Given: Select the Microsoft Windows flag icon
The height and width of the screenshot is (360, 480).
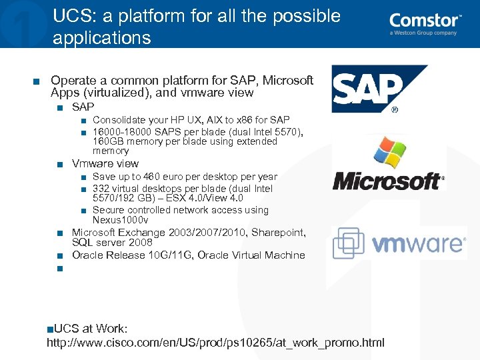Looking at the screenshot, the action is tap(391, 155).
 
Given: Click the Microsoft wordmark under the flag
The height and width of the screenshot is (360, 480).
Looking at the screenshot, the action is tap(387, 181).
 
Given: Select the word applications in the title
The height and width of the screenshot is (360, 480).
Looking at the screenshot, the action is tap(102, 38).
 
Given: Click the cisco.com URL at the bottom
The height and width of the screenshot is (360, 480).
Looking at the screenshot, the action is tap(215, 343).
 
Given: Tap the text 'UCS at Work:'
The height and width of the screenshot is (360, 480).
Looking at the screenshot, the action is tap(91, 329).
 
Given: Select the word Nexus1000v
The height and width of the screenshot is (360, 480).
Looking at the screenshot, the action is tap(120, 220).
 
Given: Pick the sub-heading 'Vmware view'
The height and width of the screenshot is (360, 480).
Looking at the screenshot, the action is tap(105, 163).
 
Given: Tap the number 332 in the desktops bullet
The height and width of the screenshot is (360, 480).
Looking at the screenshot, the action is tap(101, 189).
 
